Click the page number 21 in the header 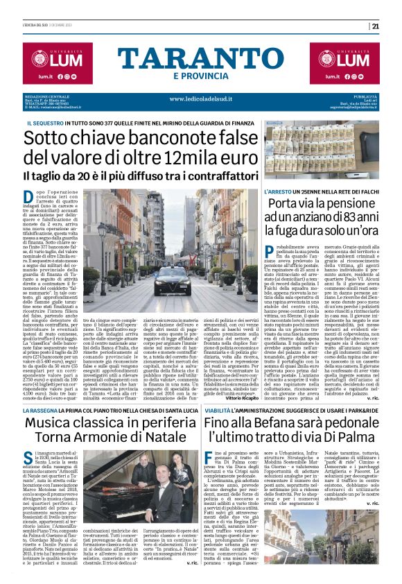(394, 26)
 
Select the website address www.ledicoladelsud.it (201, 98)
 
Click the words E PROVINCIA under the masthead (201, 76)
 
